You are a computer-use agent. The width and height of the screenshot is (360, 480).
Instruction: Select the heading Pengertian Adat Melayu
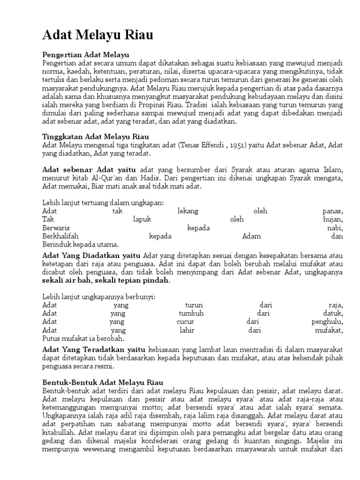85,55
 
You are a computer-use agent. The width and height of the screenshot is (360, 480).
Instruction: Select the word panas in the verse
333,211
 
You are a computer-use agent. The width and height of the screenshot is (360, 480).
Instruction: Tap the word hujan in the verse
333,219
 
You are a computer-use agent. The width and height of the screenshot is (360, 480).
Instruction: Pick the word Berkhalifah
60,236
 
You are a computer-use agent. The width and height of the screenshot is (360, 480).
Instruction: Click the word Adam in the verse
251,236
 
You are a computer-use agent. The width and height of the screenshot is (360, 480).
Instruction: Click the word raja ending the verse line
336,305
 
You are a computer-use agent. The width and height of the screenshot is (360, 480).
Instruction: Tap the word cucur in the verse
185,322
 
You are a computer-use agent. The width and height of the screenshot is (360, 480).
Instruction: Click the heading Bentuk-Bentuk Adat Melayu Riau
103,382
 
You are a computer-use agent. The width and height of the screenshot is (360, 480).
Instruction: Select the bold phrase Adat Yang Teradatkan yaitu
94,350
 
